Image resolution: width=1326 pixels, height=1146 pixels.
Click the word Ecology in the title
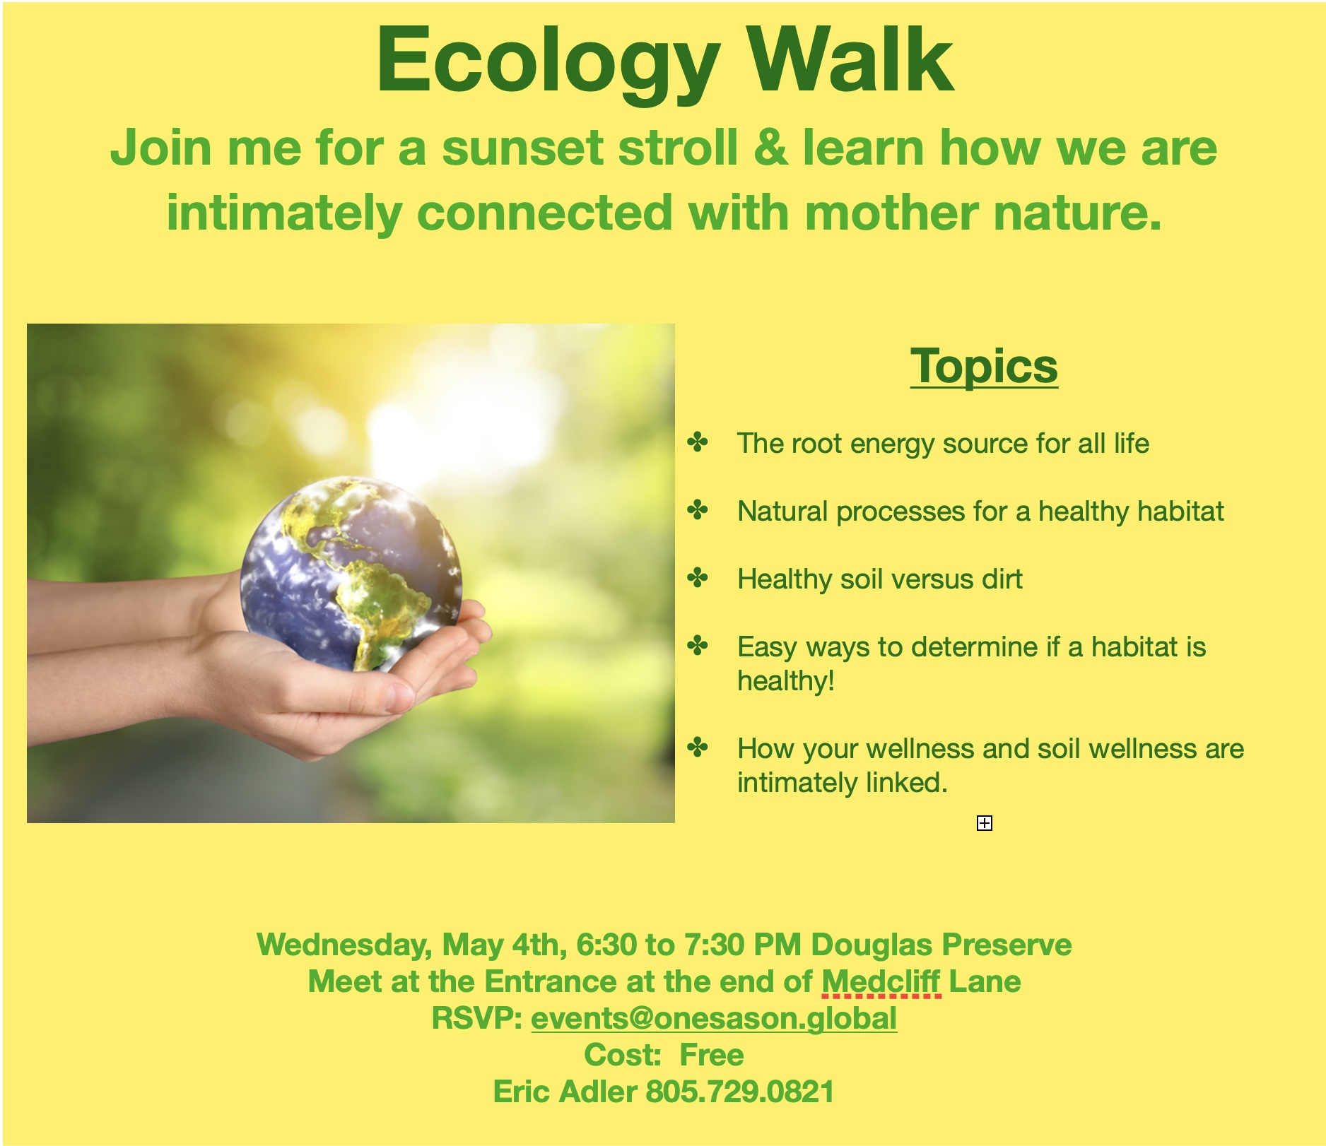548,64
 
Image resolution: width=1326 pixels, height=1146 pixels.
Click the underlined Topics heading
984,367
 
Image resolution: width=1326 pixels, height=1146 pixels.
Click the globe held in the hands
351,574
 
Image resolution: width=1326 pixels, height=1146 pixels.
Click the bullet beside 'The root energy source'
698,442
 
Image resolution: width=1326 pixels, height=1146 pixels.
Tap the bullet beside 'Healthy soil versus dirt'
698,578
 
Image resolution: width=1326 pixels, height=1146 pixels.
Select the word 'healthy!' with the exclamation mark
786,681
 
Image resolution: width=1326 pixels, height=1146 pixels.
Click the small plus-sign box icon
985,823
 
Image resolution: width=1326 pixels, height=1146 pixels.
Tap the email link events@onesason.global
714,1019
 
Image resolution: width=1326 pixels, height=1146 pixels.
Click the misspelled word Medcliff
881,981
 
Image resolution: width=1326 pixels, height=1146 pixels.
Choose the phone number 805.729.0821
740,1092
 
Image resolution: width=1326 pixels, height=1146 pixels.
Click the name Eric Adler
565,1092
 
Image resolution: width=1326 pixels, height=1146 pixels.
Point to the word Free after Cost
712,1055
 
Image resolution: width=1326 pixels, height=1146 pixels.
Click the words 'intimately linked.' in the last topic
843,783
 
